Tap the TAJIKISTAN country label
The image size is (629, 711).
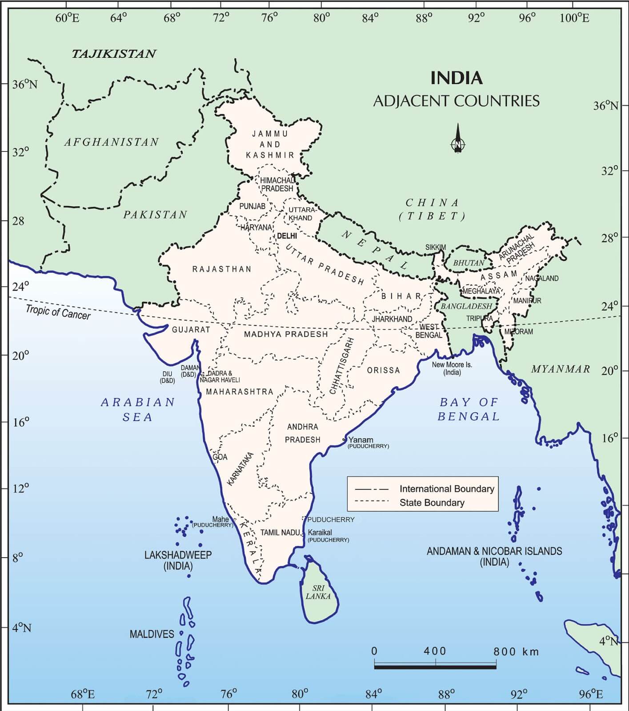coord(114,54)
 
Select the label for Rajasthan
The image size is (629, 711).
coord(222,269)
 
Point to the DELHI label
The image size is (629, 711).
coord(287,236)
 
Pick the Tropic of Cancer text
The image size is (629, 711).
coord(58,312)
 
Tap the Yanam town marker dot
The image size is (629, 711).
coord(344,440)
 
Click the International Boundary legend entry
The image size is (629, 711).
coord(446,489)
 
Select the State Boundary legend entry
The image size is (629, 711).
coord(432,503)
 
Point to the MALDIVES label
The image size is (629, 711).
coord(152,634)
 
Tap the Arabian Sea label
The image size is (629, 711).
coord(138,409)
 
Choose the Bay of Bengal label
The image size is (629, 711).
coord(469,409)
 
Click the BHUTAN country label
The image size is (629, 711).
coord(469,263)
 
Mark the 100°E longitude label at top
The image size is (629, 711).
coord(574,18)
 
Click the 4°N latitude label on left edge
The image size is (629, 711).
coord(21,628)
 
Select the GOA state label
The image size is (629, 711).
coord(220,457)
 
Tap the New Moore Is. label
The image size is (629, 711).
coord(452,368)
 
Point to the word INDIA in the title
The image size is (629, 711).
coord(456,78)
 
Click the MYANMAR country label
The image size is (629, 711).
coord(561,369)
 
